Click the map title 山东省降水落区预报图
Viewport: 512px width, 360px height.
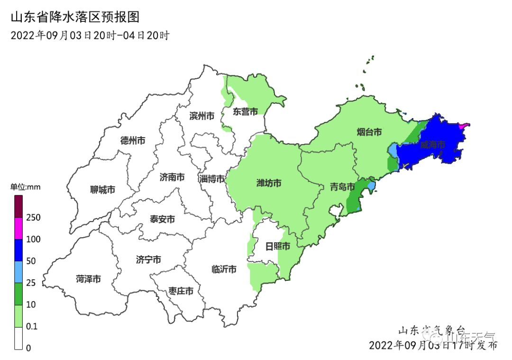[x=75, y=18]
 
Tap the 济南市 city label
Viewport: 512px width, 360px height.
[x=172, y=177]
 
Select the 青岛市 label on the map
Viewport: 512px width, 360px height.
[x=342, y=187]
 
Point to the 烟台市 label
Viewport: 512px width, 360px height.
[x=369, y=132]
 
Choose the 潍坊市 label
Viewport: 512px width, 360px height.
[x=269, y=183]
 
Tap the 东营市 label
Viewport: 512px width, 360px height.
[x=245, y=112]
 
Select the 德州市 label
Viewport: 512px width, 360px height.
[x=132, y=140]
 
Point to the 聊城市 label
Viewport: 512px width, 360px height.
[x=102, y=190]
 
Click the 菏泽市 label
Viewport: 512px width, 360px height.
[x=88, y=279]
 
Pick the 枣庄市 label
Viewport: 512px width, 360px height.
[x=181, y=291]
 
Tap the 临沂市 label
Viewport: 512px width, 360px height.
[x=224, y=269]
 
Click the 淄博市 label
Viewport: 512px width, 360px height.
[x=212, y=179]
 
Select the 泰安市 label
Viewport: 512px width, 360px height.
[x=162, y=219]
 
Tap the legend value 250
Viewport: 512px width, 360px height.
[x=33, y=218]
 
